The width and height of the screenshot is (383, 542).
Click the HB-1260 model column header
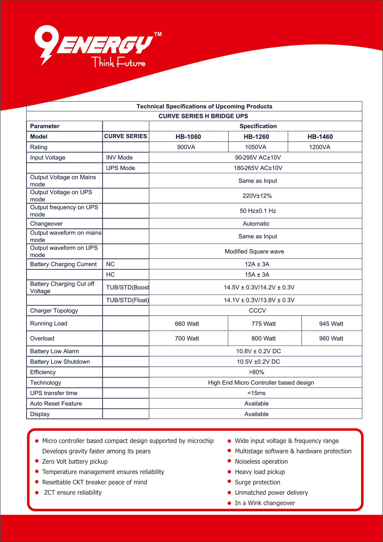click(x=256, y=137)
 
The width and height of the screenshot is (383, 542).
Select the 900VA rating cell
click(x=186, y=147)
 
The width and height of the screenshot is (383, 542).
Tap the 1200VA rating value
click(x=319, y=147)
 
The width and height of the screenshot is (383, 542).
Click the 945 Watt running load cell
click(x=331, y=324)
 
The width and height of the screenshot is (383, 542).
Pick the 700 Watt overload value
click(x=187, y=338)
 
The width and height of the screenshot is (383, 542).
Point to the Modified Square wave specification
click(x=254, y=251)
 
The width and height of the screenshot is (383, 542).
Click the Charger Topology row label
click(x=54, y=311)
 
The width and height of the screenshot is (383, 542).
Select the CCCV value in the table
click(x=257, y=311)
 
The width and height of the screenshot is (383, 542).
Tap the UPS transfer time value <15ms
click(x=256, y=393)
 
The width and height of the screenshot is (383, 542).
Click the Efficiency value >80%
click(x=256, y=372)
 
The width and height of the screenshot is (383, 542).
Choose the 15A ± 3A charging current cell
click(x=257, y=275)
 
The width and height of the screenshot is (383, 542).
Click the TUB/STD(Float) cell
click(x=127, y=300)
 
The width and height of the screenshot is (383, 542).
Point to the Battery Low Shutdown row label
click(x=60, y=362)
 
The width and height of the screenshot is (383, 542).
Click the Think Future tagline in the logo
click(x=119, y=62)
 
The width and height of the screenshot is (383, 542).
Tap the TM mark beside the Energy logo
click(x=158, y=34)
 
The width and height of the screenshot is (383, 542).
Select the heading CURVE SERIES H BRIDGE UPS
click(x=203, y=116)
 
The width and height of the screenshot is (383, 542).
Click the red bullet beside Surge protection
click(x=229, y=482)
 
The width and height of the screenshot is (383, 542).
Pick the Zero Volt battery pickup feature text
click(x=75, y=461)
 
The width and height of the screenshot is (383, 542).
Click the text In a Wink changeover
click(x=265, y=503)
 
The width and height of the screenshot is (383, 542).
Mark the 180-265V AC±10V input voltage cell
click(x=258, y=168)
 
